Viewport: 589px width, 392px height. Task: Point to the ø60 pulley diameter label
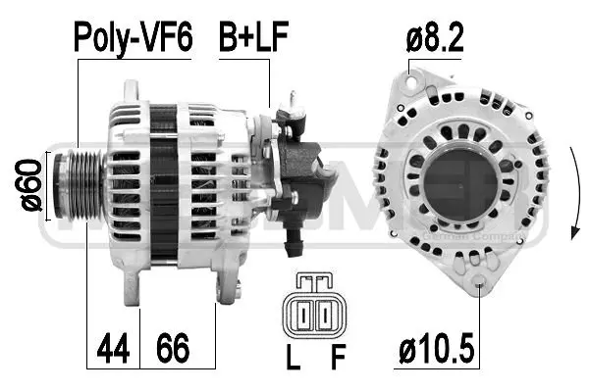click(30, 185)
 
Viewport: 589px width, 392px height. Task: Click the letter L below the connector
click(292, 359)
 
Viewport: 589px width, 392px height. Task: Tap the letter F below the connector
click(338, 359)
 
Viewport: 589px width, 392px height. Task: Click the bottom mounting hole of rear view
click(478, 285)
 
